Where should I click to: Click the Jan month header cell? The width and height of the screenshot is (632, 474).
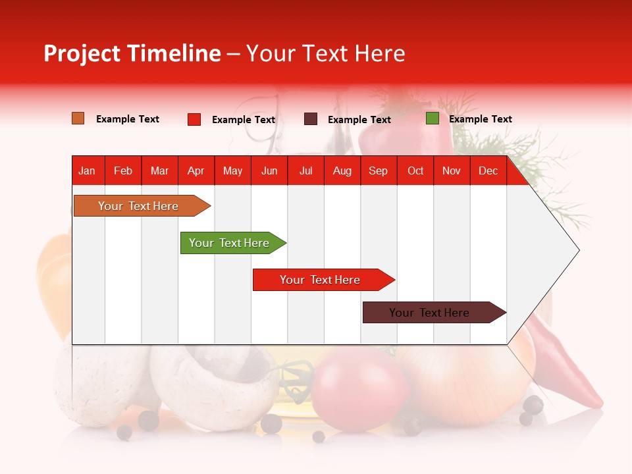pyautogui.click(x=87, y=171)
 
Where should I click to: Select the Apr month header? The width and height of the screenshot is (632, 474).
pyautogui.click(x=196, y=171)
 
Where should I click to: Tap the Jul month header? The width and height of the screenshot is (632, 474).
pyautogui.click(x=305, y=171)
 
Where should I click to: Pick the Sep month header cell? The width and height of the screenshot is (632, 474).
pyautogui.click(x=378, y=171)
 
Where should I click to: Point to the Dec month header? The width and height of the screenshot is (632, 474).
pyautogui.click(x=488, y=171)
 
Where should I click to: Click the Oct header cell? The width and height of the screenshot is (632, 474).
pyautogui.click(x=415, y=171)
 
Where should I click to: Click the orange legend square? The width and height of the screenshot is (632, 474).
pyautogui.click(x=78, y=118)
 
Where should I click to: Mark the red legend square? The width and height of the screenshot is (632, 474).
pyautogui.click(x=194, y=119)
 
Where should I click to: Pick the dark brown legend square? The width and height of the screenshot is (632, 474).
pyautogui.click(x=311, y=119)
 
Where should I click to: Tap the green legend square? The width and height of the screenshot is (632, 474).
pyautogui.click(x=433, y=118)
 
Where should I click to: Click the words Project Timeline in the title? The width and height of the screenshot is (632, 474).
pyautogui.click(x=132, y=53)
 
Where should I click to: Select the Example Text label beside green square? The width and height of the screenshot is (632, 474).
pyautogui.click(x=480, y=119)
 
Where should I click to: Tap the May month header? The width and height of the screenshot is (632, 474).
pyautogui.click(x=232, y=171)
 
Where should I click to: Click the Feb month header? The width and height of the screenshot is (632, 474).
pyautogui.click(x=123, y=171)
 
